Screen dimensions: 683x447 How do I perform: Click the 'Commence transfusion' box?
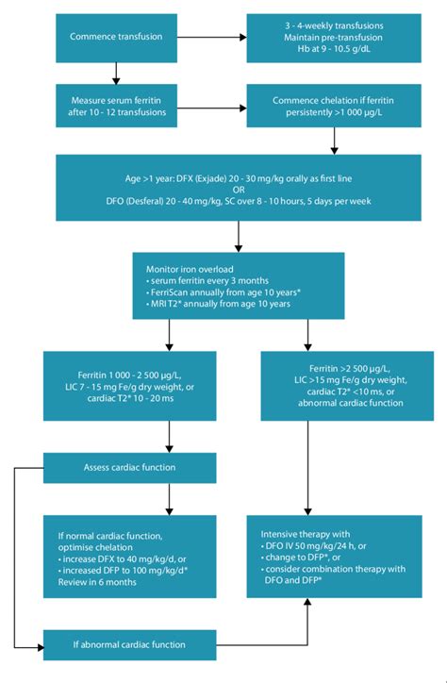116,37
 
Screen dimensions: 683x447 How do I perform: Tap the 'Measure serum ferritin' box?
116,106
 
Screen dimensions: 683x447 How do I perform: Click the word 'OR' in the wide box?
223,187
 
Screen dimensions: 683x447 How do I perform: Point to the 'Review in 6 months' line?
101,581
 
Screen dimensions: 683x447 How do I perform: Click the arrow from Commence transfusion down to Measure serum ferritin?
116,72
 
